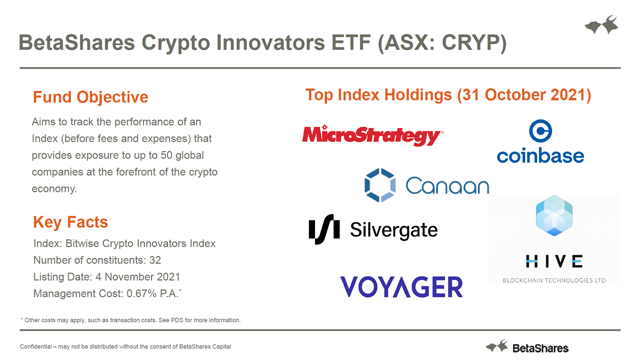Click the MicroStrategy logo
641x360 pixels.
coord(372,135)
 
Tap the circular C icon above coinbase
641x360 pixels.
coord(540,131)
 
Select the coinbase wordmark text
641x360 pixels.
coord(540,155)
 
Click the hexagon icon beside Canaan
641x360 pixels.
coord(380,185)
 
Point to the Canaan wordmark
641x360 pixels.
coord(447,185)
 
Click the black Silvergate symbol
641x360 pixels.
coord(324,229)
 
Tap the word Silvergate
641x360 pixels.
coord(394,230)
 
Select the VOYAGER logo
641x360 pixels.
coord(401,286)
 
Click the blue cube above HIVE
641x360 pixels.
coord(554,215)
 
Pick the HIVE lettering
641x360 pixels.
coord(554,261)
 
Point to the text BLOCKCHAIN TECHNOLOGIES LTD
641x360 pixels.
coord(554,280)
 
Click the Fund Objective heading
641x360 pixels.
coord(90,97)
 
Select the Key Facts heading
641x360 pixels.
coord(70,222)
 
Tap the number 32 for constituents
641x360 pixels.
coord(155,260)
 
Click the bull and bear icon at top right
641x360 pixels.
coord(601,25)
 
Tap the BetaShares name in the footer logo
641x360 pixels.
coord(540,348)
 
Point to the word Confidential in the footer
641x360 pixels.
coord(36,346)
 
